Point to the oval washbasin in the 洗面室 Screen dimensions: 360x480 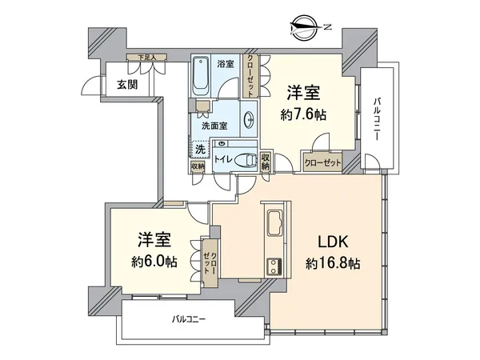click(250, 120)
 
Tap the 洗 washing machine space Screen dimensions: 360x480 click(200, 149)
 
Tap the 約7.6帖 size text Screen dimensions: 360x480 click(302, 114)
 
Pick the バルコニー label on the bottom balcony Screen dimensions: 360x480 click(190, 319)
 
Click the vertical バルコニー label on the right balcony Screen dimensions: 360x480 click(375, 120)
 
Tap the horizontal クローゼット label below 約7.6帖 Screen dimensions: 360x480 click(322, 162)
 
